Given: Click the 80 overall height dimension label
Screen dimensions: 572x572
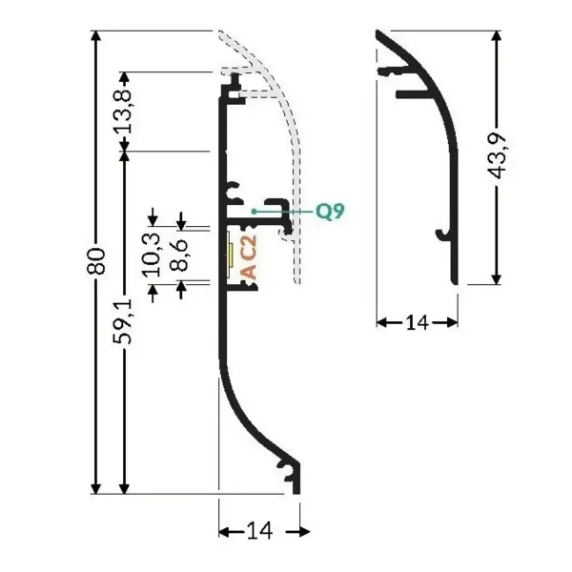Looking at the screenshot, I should (x=95, y=263).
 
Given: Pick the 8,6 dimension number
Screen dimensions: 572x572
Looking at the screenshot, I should (x=177, y=255).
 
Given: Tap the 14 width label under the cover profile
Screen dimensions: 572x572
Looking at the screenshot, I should (x=416, y=322).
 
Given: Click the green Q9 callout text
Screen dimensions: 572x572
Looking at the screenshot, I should (x=329, y=211).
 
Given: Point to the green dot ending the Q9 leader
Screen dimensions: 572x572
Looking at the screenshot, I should (x=255, y=210).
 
